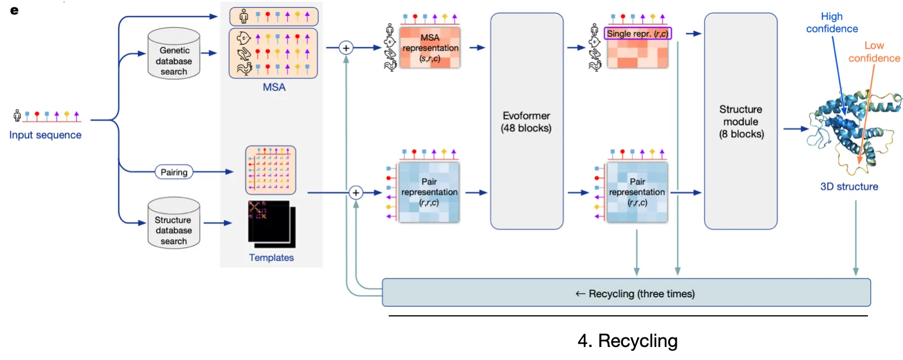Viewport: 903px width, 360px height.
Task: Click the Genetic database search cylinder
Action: pos(174,54)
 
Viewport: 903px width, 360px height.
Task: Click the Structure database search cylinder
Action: pos(174,224)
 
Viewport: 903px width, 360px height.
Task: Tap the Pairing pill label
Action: pos(174,172)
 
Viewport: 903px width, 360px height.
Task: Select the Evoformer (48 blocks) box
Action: pos(526,121)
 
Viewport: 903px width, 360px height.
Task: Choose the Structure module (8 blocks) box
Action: pos(741,121)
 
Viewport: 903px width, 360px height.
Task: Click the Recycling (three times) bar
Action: pos(626,293)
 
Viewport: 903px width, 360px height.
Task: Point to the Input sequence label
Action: pos(45,135)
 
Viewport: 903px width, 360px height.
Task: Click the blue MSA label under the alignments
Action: pos(274,87)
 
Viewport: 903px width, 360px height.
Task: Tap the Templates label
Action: pos(272,258)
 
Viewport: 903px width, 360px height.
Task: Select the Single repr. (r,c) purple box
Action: pos(638,33)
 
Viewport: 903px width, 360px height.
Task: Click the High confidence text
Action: pos(832,23)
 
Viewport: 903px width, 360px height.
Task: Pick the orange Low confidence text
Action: pos(874,52)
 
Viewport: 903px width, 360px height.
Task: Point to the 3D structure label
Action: pos(849,186)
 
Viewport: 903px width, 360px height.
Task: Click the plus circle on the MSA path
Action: pos(346,48)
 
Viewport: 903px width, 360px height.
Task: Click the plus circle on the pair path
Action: pos(355,193)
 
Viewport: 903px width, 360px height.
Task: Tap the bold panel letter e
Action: pos(14,10)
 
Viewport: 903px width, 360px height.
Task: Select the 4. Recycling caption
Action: pos(627,341)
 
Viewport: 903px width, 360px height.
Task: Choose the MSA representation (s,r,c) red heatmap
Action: pos(430,48)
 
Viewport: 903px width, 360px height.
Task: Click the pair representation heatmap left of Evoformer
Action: pos(429,192)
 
